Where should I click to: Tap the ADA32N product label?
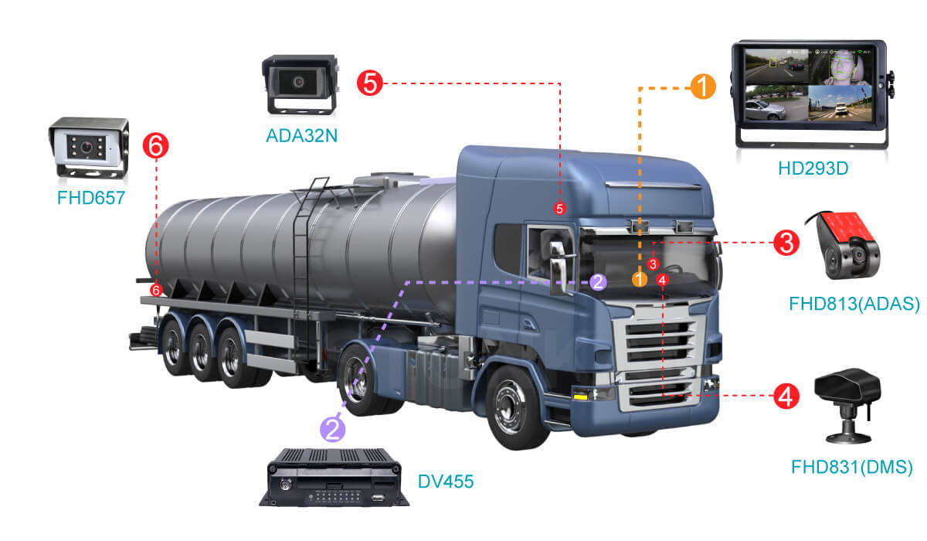tap(301, 136)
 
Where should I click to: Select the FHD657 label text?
tap(90, 197)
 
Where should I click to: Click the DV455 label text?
tap(446, 482)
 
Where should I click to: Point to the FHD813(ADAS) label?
tap(854, 303)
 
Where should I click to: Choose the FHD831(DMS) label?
tap(852, 467)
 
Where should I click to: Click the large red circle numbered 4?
tap(786, 397)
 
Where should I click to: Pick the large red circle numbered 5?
tap(370, 82)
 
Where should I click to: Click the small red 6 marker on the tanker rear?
tap(156, 290)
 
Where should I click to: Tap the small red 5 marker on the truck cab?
tap(560, 208)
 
